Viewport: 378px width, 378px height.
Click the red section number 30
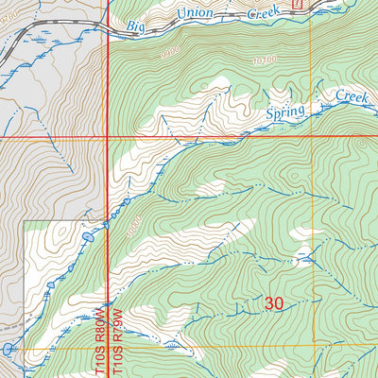click(274, 303)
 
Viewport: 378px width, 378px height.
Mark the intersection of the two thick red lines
click(106, 136)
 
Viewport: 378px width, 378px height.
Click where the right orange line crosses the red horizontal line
click(311, 136)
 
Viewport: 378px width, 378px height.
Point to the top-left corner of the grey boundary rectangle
click(24, 221)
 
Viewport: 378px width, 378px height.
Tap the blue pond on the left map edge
click(8, 349)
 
